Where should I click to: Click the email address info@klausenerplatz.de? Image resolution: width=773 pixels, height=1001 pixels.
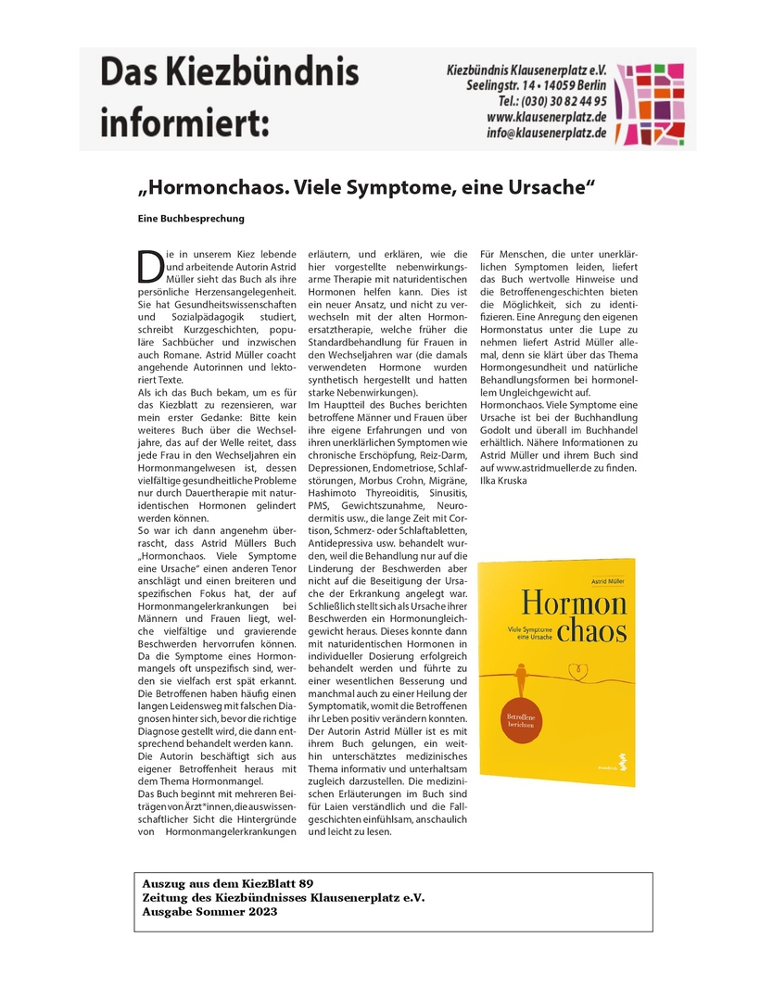(x=547, y=133)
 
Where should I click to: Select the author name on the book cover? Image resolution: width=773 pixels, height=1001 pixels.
(x=609, y=579)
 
